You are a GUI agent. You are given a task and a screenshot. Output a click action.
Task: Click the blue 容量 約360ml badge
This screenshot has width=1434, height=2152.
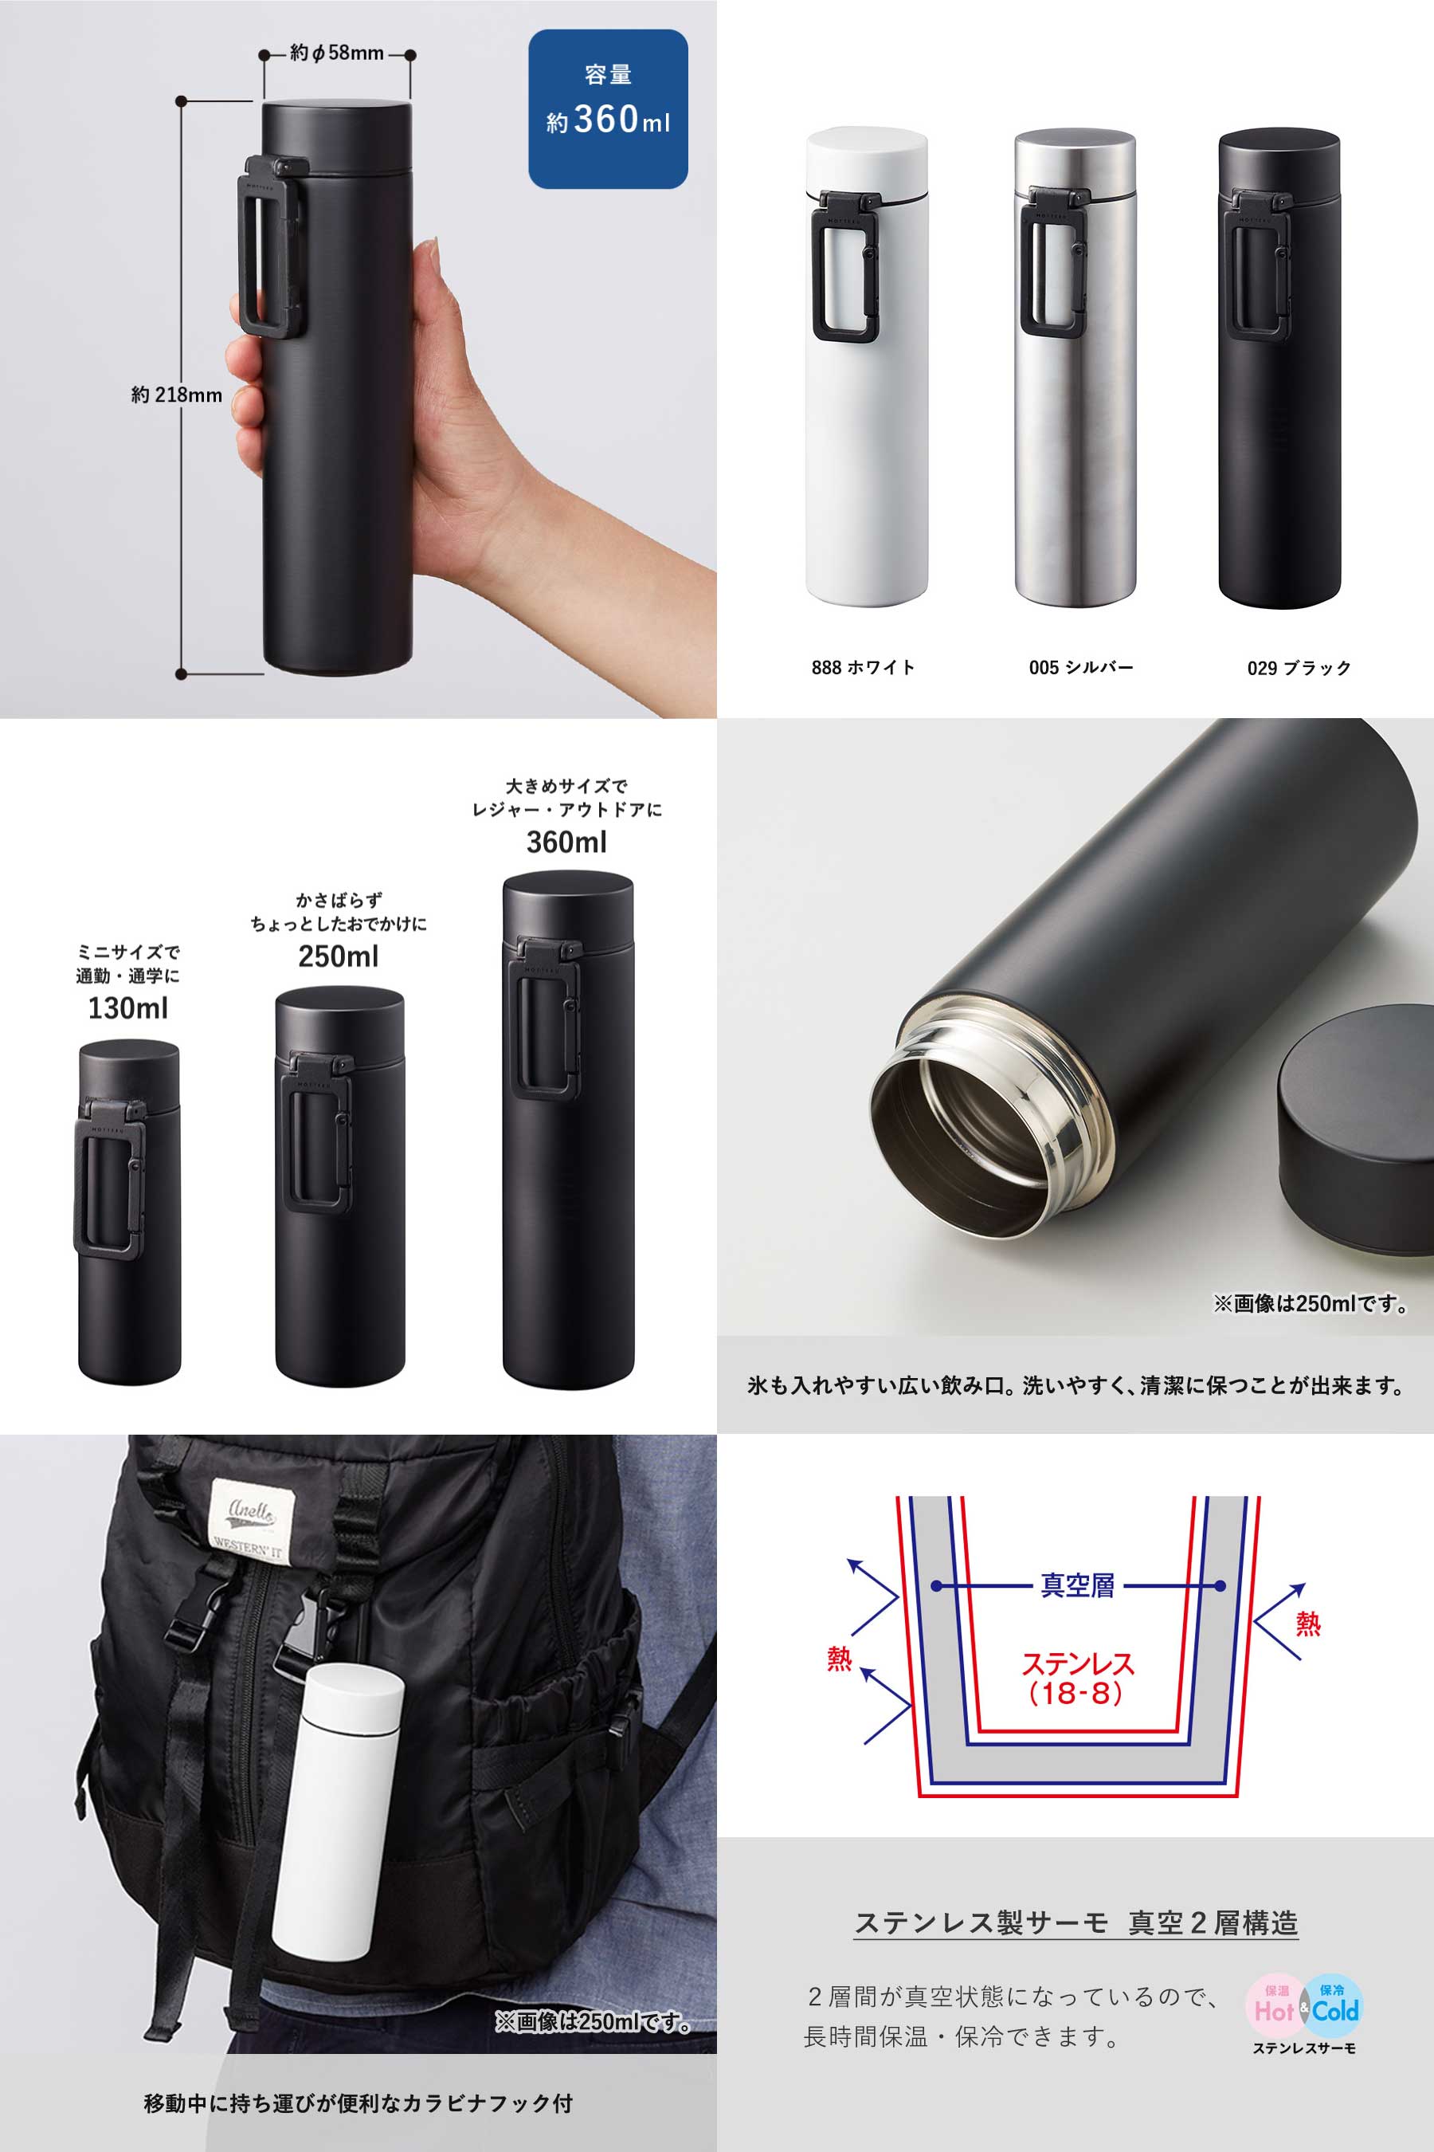(x=608, y=109)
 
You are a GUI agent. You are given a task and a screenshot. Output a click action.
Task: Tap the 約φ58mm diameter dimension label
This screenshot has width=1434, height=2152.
(x=336, y=53)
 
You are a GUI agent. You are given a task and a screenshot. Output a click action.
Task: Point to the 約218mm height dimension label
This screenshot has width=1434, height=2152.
(x=177, y=395)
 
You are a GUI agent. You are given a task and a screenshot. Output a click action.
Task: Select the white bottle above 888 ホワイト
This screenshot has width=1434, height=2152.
(x=866, y=366)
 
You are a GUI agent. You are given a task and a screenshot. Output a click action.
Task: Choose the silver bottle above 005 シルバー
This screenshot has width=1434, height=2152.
(x=1075, y=366)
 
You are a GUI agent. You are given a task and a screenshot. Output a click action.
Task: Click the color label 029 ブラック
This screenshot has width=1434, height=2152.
(x=1299, y=668)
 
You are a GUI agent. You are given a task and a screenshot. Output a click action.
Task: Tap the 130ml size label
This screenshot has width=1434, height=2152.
(x=128, y=1007)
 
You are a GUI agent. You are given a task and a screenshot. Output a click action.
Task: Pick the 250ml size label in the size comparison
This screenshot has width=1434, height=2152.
(x=339, y=956)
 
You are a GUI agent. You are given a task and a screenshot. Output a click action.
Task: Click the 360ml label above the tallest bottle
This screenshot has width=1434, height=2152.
(x=567, y=842)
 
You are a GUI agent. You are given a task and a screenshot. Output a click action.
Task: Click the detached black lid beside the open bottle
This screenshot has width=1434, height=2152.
(x=1356, y=1127)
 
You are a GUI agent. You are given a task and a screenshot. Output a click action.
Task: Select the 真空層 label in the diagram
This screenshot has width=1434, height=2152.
(x=1077, y=1585)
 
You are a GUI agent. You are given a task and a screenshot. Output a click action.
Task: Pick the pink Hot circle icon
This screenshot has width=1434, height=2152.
(x=1274, y=2005)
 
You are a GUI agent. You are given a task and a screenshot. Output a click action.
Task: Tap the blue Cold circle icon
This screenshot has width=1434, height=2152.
(x=1334, y=2005)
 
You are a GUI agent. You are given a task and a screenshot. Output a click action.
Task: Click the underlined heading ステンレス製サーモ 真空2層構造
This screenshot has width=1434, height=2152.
(x=1076, y=1922)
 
